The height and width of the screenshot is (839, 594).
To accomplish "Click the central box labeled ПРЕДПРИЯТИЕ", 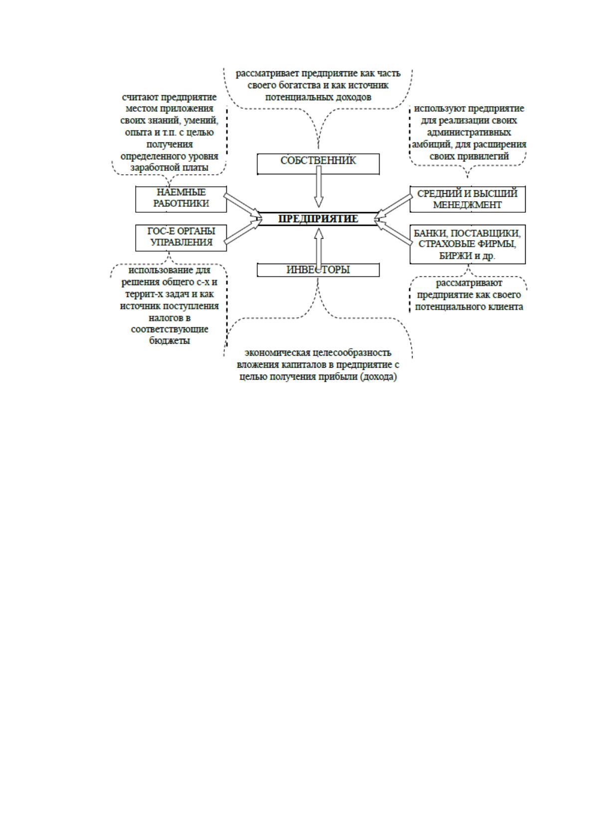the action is tap(318, 219).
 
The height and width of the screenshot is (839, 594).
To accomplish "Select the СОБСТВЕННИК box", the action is tap(318, 164).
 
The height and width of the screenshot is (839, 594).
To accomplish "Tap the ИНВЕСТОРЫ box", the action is tap(318, 270).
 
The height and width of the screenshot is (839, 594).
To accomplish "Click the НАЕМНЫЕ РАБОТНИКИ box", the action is tap(181, 199).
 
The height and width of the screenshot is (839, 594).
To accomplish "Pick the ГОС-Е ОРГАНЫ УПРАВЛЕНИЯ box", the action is tap(181, 238).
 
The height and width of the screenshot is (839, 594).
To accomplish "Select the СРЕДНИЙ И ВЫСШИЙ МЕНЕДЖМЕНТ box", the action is tap(468, 199).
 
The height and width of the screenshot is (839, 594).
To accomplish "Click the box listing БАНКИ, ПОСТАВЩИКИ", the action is tap(468, 244).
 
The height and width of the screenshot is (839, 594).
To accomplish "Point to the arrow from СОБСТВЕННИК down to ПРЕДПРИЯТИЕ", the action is tap(319, 186).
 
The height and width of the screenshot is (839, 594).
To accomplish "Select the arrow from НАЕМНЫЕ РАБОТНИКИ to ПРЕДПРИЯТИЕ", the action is tap(242, 205).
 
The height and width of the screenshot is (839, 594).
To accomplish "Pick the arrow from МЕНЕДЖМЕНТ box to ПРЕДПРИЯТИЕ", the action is tap(394, 206).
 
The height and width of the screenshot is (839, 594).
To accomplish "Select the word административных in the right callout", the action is tap(469, 132).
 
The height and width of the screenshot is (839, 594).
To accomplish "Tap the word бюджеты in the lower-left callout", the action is tap(170, 341).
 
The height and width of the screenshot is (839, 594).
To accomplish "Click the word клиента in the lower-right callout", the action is tap(506, 307).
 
